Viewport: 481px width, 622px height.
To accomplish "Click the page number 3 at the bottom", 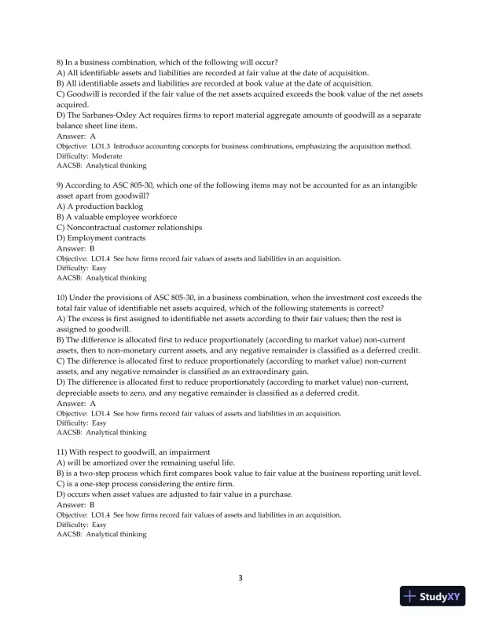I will tap(240, 579).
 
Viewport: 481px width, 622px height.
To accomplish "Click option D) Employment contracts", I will tap(101, 238).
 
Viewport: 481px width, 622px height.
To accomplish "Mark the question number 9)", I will tap(61, 185).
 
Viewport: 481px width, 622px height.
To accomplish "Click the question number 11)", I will tap(64, 452).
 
